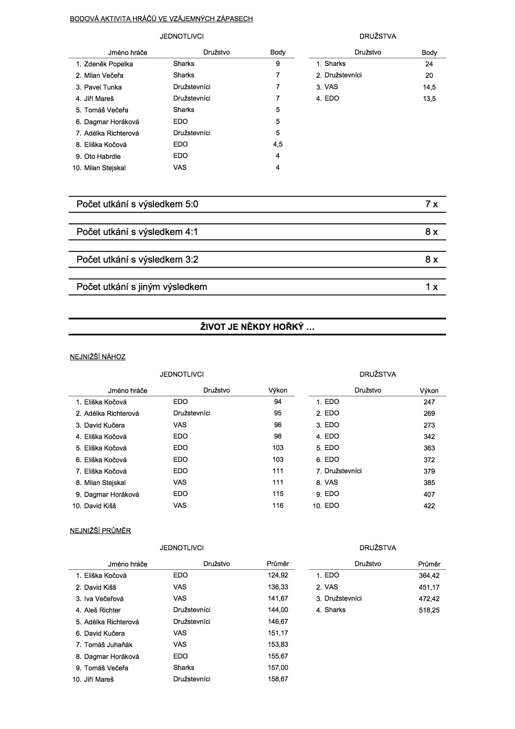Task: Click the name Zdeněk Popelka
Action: tap(108, 64)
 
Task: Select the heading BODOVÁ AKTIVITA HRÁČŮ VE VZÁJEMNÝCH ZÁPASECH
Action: tap(161, 19)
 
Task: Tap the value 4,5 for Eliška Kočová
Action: tap(277, 144)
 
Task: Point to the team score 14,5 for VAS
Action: tap(429, 87)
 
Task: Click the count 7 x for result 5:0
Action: tap(431, 204)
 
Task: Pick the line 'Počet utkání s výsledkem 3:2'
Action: tap(137, 260)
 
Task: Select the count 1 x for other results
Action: tap(431, 287)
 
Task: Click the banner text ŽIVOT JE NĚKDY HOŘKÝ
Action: tap(257, 327)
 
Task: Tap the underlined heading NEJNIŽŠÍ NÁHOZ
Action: tap(98, 357)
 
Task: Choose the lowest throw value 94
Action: tap(278, 402)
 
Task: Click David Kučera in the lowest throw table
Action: tap(104, 425)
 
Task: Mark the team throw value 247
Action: tap(429, 402)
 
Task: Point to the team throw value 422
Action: tap(429, 506)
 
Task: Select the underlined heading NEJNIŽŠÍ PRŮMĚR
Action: tap(100, 531)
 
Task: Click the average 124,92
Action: tap(278, 575)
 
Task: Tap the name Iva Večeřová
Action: tap(104, 599)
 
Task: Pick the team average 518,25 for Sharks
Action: tap(429, 610)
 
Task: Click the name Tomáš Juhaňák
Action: tap(108, 645)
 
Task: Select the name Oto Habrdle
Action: tap(102, 156)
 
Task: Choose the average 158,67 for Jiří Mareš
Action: tap(278, 679)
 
